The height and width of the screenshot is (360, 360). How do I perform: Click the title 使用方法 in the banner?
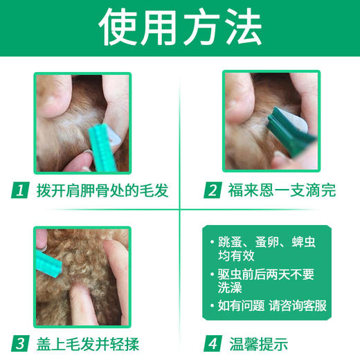point(180,28)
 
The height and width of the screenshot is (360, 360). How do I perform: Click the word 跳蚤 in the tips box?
point(231,241)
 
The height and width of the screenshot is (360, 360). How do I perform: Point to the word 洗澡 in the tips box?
point(231,289)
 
